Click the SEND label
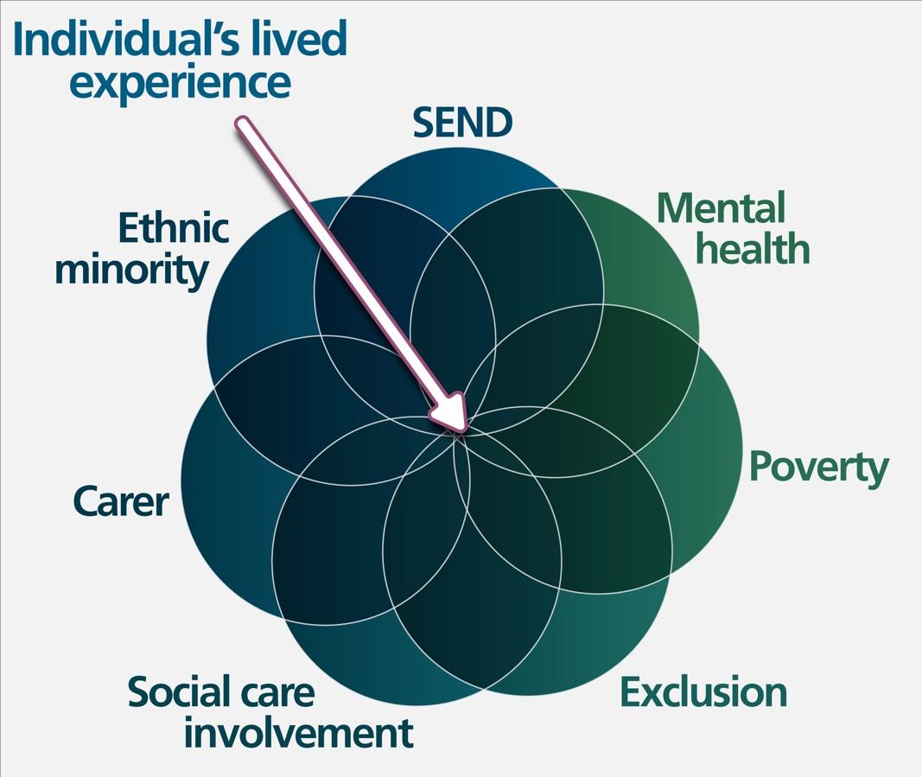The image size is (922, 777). pos(462,123)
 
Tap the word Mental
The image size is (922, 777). pos(721,208)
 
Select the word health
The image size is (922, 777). pos(753,249)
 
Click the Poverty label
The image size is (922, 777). pos(817,468)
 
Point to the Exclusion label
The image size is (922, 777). pos(703,693)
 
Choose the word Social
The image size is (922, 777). pos(181,693)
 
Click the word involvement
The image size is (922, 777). pos(298,734)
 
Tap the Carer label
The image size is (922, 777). pos(120,501)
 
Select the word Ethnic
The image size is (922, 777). pos(173,229)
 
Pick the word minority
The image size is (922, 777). pos(130,270)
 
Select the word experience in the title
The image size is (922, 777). pos(180,83)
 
